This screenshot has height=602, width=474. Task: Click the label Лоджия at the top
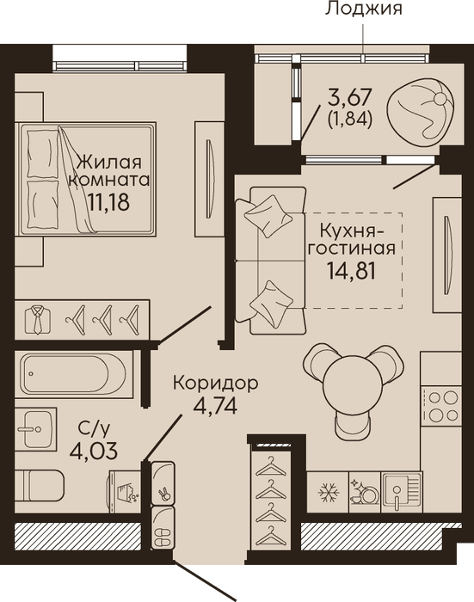tap(363, 9)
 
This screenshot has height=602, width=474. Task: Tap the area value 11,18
tap(108, 201)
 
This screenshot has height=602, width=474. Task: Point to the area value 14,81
tap(351, 270)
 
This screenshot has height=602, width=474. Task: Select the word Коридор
tap(215, 384)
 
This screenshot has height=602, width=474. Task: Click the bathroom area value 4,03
tap(94, 451)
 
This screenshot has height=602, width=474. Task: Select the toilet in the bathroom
tap(40, 485)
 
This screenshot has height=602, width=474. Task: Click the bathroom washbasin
tap(36, 429)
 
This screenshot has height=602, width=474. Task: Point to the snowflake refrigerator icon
tap(329, 493)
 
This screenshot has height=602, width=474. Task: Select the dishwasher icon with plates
tap(364, 492)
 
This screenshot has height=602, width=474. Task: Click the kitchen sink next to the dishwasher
tap(402, 492)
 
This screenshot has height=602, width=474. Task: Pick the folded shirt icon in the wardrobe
tap(37, 319)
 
